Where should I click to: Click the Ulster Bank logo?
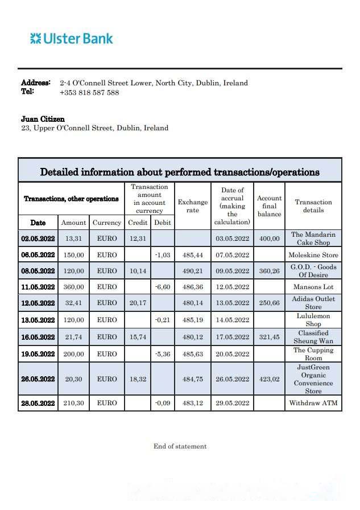(x=72, y=39)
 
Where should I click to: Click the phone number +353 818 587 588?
(x=89, y=92)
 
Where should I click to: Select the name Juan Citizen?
(x=43, y=119)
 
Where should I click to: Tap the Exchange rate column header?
(x=193, y=206)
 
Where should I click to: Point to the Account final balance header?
(x=269, y=206)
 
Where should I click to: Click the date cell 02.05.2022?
(x=38, y=239)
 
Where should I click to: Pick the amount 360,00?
(x=73, y=287)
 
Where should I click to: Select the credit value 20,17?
(x=138, y=303)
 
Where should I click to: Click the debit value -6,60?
(x=163, y=287)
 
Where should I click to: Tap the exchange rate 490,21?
(x=193, y=271)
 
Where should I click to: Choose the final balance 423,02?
(x=269, y=379)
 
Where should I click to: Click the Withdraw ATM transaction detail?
(x=313, y=403)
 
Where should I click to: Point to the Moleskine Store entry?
(x=313, y=255)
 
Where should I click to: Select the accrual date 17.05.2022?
(x=233, y=337)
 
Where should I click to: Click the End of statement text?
(x=180, y=446)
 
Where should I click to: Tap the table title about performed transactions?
(x=180, y=172)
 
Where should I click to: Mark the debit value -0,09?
(x=163, y=403)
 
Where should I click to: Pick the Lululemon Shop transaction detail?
(x=313, y=320)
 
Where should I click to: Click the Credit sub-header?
(x=138, y=223)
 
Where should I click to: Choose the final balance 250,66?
(x=269, y=303)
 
